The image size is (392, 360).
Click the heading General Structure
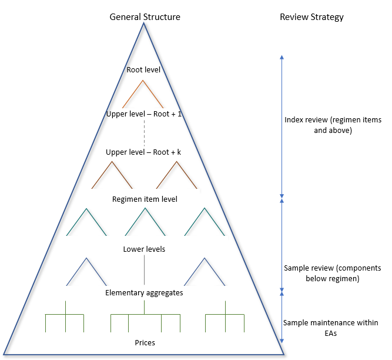point(145,17)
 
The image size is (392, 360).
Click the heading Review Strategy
point(311,17)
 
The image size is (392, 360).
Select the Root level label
point(144,70)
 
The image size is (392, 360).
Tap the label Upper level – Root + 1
point(144,114)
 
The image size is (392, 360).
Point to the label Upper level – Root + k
point(144,152)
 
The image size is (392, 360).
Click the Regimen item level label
point(145,199)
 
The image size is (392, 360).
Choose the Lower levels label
point(144,249)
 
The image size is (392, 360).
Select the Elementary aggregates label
point(144,292)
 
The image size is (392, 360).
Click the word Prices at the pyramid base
point(145,342)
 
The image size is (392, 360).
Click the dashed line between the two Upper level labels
point(144,133)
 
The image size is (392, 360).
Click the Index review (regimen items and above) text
point(332,125)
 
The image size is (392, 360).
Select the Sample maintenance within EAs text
point(331,328)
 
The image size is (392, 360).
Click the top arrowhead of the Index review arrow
point(282,57)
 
